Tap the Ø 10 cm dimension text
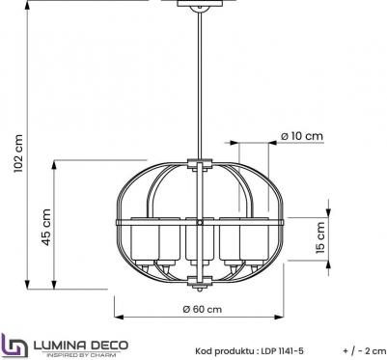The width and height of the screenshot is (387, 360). click(x=301, y=136)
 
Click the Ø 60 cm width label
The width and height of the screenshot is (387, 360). click(x=201, y=309)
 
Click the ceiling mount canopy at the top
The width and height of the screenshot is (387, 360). click(x=202, y=4)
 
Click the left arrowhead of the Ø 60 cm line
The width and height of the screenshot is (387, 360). click(x=118, y=318)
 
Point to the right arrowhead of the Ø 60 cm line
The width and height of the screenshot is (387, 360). click(x=285, y=318)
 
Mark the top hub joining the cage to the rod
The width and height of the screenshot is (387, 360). click(x=201, y=164)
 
